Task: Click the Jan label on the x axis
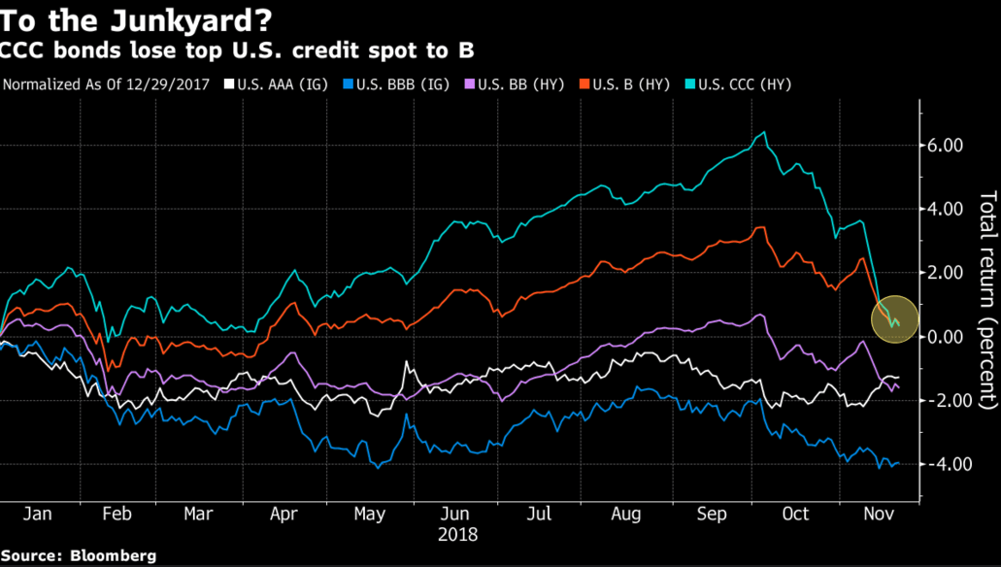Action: point(36,513)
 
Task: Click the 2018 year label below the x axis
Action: point(459,533)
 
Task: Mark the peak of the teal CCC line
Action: point(765,133)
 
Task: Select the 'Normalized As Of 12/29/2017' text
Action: point(108,84)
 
